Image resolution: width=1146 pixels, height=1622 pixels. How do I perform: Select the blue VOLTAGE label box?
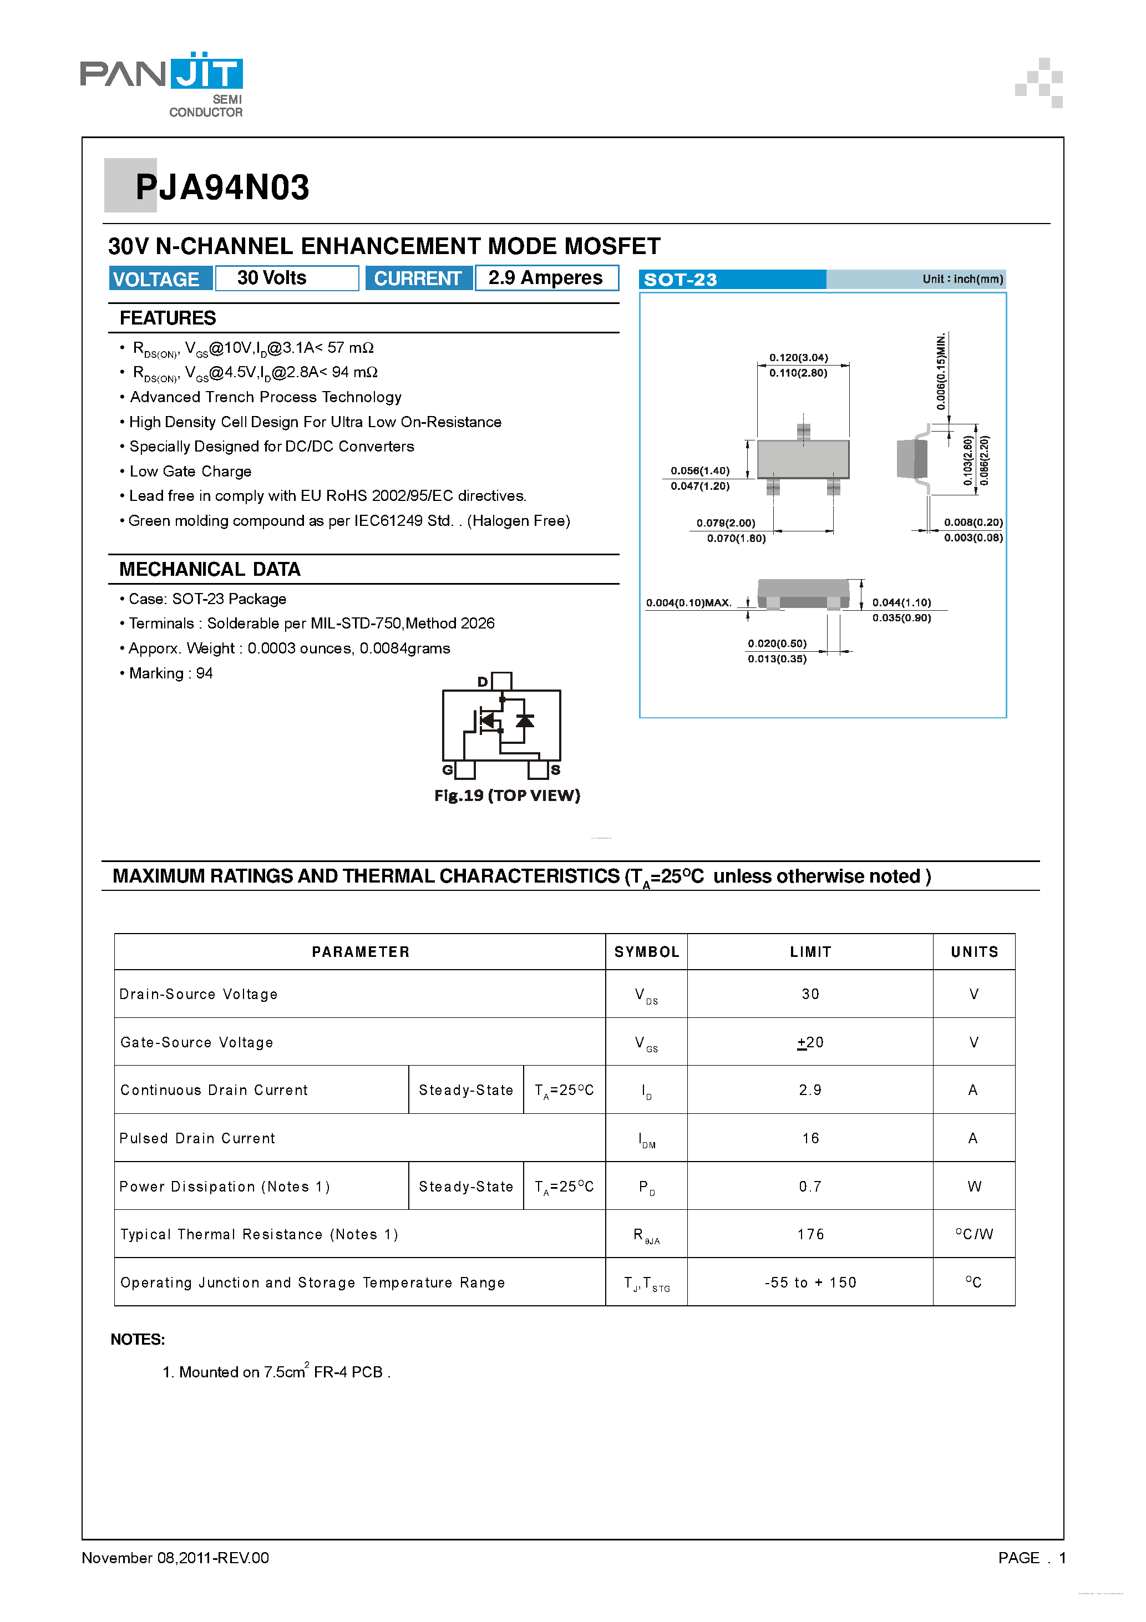pyautogui.click(x=160, y=279)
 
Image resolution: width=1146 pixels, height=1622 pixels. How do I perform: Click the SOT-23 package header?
pyautogui.click(x=681, y=280)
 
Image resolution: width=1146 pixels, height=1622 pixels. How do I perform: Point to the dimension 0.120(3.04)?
pyautogui.click(x=798, y=357)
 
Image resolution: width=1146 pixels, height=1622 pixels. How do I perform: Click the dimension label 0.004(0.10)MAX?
pyautogui.click(x=688, y=602)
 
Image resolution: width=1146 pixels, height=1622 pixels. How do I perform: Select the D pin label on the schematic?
pyautogui.click(x=483, y=682)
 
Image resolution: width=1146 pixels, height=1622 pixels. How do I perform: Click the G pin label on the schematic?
pyautogui.click(x=447, y=769)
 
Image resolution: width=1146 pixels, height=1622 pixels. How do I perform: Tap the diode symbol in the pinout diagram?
pyautogui.click(x=524, y=721)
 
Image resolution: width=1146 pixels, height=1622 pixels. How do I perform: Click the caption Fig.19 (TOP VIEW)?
pyautogui.click(x=508, y=795)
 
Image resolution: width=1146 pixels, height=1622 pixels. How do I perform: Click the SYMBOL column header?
pyautogui.click(x=646, y=951)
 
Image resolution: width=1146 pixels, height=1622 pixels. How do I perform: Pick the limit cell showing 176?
pyautogui.click(x=810, y=1234)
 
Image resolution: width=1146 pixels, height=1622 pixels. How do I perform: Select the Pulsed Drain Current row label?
pyautogui.click(x=197, y=1138)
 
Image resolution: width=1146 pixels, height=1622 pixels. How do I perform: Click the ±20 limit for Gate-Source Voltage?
pyautogui.click(x=810, y=1042)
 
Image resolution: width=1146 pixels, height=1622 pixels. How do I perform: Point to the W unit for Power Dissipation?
pyautogui.click(x=973, y=1186)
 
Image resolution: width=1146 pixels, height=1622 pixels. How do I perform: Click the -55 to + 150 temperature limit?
pyautogui.click(x=810, y=1282)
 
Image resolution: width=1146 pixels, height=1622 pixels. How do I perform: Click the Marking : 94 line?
pyautogui.click(x=170, y=673)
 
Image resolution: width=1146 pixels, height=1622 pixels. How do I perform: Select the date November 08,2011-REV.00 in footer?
pyautogui.click(x=175, y=1558)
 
